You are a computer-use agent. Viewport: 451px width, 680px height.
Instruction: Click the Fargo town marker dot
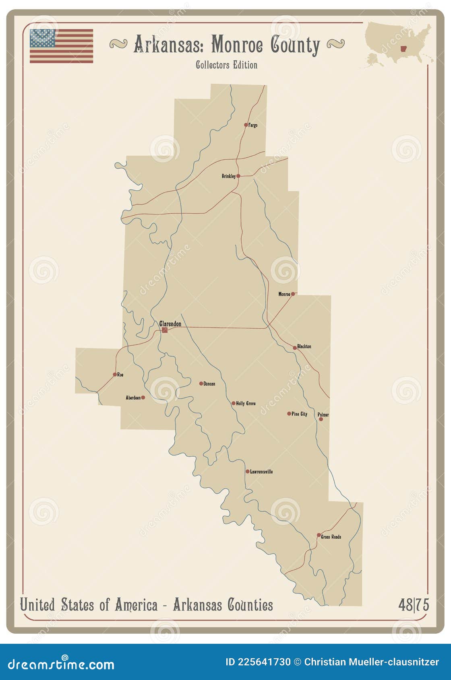coord(246,125)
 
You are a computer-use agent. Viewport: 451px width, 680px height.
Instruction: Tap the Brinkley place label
coord(228,176)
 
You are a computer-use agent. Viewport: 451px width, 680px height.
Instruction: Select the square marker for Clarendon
coord(165,330)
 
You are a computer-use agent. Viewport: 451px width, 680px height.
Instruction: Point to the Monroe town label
coord(284,294)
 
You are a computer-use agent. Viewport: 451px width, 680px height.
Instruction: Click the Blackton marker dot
coord(295,348)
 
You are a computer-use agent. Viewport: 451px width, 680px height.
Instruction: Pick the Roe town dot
coord(115,375)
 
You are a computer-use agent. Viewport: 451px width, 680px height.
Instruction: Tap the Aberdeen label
coord(133,398)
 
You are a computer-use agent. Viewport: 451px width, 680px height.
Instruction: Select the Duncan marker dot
coord(201,383)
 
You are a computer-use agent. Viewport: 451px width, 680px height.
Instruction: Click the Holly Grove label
coord(246,403)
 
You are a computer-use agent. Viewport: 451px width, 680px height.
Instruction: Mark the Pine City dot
coord(289,414)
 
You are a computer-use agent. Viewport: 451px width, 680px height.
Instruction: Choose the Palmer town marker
coord(321,419)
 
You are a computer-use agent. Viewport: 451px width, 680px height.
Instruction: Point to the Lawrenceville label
coord(261,472)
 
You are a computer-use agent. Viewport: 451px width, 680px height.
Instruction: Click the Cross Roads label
coord(331,537)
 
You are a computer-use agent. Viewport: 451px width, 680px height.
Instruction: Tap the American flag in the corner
coord(61,46)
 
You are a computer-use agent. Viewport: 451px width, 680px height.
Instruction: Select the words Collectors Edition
coord(226,65)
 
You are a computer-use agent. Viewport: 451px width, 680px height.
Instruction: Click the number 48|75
coord(414,605)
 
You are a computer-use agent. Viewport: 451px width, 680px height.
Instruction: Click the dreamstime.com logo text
coord(61,664)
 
